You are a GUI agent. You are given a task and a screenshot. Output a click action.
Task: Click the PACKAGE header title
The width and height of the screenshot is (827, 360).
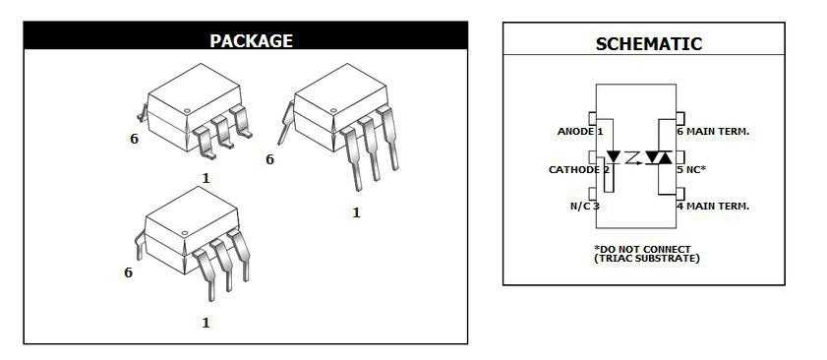251,40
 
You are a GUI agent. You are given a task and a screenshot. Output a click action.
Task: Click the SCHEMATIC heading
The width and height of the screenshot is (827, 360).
648,44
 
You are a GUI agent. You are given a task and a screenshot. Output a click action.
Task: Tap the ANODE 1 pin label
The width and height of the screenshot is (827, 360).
579,131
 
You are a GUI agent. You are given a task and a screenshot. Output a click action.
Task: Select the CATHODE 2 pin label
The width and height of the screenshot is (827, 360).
579,169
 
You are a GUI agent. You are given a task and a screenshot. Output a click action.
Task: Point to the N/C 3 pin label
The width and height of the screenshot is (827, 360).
584,206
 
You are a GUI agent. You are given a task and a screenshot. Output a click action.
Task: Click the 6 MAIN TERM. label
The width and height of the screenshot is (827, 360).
712,131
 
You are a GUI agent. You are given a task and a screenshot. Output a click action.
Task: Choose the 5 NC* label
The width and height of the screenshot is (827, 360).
691,169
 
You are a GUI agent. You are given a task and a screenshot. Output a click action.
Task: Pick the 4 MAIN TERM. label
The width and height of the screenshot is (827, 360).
712,206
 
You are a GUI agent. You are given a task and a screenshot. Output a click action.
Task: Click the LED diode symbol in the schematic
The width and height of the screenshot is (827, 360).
614,156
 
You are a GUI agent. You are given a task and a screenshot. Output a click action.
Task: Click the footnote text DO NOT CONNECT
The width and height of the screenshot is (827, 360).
644,249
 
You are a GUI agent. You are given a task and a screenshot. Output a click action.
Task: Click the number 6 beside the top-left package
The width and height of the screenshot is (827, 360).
134,139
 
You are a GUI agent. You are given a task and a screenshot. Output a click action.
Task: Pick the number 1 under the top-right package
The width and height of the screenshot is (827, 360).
356,211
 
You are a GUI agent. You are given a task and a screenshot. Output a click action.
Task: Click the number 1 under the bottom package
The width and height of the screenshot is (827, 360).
206,322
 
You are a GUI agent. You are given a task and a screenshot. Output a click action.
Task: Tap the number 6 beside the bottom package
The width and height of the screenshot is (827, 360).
128,272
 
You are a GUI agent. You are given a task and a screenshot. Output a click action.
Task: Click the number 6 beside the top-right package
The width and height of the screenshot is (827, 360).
269,158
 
